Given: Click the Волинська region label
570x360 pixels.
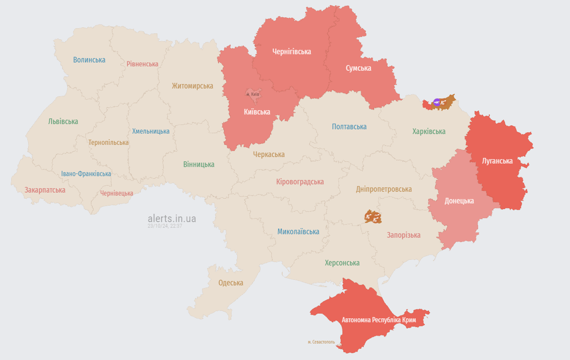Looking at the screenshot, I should pyautogui.click(x=89, y=60).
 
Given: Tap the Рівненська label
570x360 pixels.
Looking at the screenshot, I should pyautogui.click(x=142, y=64).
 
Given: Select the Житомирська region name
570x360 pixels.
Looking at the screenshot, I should pyautogui.click(x=192, y=86).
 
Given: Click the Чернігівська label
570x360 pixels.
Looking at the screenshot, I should pyautogui.click(x=292, y=52).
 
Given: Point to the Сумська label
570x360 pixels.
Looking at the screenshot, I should pyautogui.click(x=358, y=68).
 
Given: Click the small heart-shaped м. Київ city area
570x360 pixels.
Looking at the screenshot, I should pyautogui.click(x=253, y=94).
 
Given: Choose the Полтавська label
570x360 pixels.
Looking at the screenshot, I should pyautogui.click(x=349, y=127).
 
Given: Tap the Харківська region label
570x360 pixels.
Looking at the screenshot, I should pyautogui.click(x=429, y=131).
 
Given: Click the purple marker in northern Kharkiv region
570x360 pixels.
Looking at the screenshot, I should pyautogui.click(x=437, y=102).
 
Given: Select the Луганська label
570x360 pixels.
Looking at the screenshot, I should pyautogui.click(x=497, y=161).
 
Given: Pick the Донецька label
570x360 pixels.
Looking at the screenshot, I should pyautogui.click(x=459, y=201).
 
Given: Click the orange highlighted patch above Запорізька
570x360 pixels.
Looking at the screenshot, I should pyautogui.click(x=373, y=217).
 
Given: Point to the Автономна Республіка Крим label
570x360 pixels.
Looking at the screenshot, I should pyautogui.click(x=379, y=320).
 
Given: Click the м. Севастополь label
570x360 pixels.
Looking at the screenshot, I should pyautogui.click(x=321, y=342).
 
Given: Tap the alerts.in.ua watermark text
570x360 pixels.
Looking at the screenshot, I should pyautogui.click(x=172, y=218).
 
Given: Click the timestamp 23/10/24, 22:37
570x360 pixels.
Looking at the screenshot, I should pyautogui.click(x=165, y=226).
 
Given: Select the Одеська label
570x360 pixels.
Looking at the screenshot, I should pyautogui.click(x=231, y=283).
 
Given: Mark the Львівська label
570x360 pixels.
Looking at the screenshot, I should pyautogui.click(x=63, y=121).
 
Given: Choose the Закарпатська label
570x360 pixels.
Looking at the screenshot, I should pyautogui.click(x=45, y=190).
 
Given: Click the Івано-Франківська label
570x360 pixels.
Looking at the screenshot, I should pyautogui.click(x=86, y=173).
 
